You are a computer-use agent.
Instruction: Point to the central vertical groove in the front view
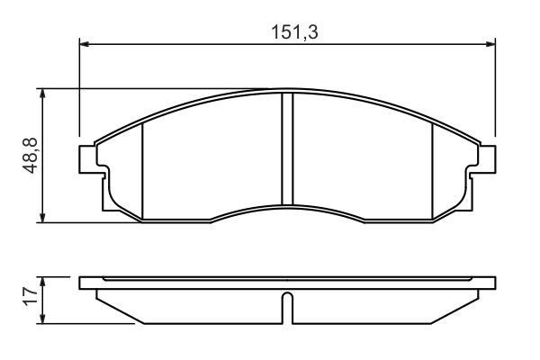(x=288, y=148)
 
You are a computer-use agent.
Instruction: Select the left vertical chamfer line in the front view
(x=144, y=171)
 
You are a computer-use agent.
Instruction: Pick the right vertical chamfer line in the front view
(x=433, y=171)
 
